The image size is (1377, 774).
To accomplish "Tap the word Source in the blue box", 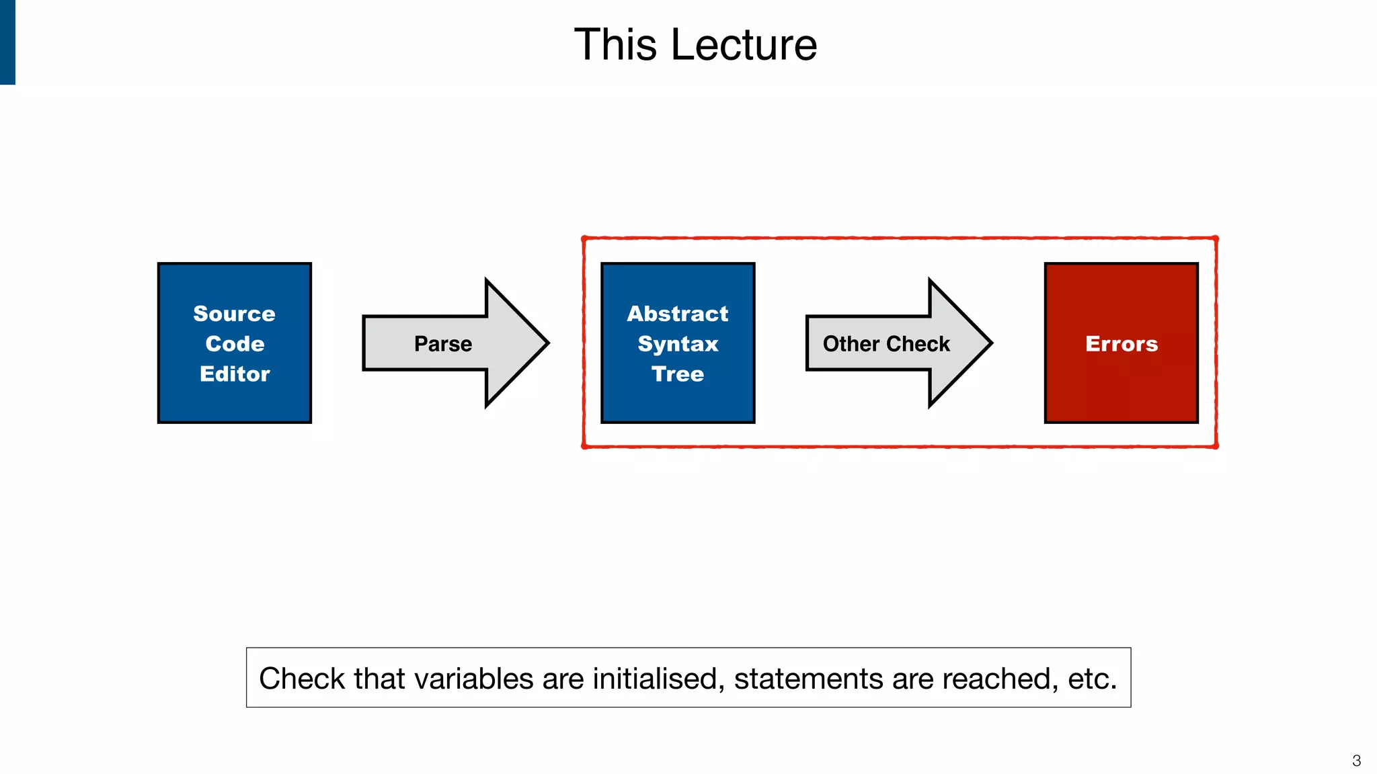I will click(235, 314).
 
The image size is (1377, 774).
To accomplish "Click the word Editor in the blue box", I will click(235, 374).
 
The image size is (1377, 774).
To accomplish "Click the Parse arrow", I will click(444, 343).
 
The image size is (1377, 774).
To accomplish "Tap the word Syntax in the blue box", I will click(678, 344).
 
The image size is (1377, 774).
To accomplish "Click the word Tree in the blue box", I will click(678, 374).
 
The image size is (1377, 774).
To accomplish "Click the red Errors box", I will click(1122, 343).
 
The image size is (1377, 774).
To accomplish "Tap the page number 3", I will click(1356, 761).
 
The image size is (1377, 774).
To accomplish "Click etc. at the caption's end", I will click(1092, 679).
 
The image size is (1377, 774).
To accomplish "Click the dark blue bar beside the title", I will click(7, 42).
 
